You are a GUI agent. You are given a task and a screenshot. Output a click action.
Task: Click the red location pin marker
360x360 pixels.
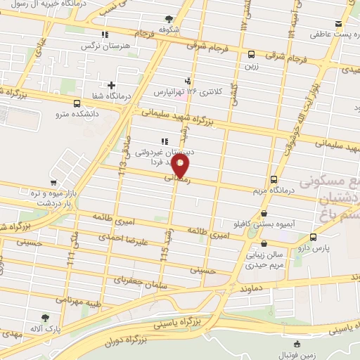(181, 166)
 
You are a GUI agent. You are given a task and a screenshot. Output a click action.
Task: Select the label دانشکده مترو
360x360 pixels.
(80, 111)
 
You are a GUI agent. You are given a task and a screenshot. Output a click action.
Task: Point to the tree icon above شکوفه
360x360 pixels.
(169, 20)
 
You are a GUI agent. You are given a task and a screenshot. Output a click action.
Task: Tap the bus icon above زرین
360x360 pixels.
(251, 54)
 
